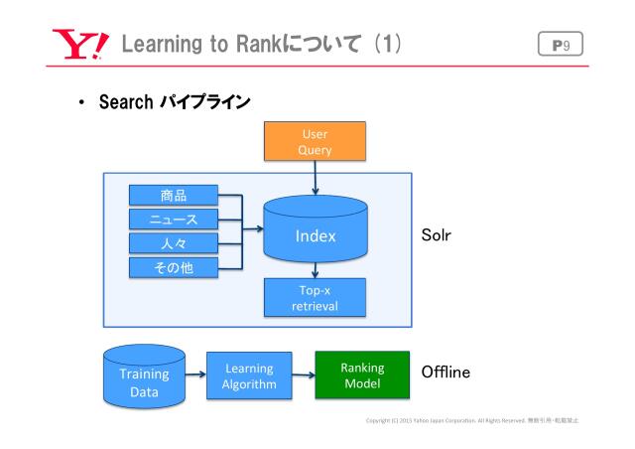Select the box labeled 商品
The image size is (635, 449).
coord(174,196)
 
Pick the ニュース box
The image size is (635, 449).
coord(174,220)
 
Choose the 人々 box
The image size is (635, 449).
coord(174,243)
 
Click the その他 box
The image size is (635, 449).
coord(174,267)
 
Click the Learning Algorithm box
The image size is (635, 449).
coord(249,375)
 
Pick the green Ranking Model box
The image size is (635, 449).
coord(362,374)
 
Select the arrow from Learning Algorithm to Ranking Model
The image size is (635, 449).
coord(304,375)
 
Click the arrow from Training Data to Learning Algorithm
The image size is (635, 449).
coord(195,375)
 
